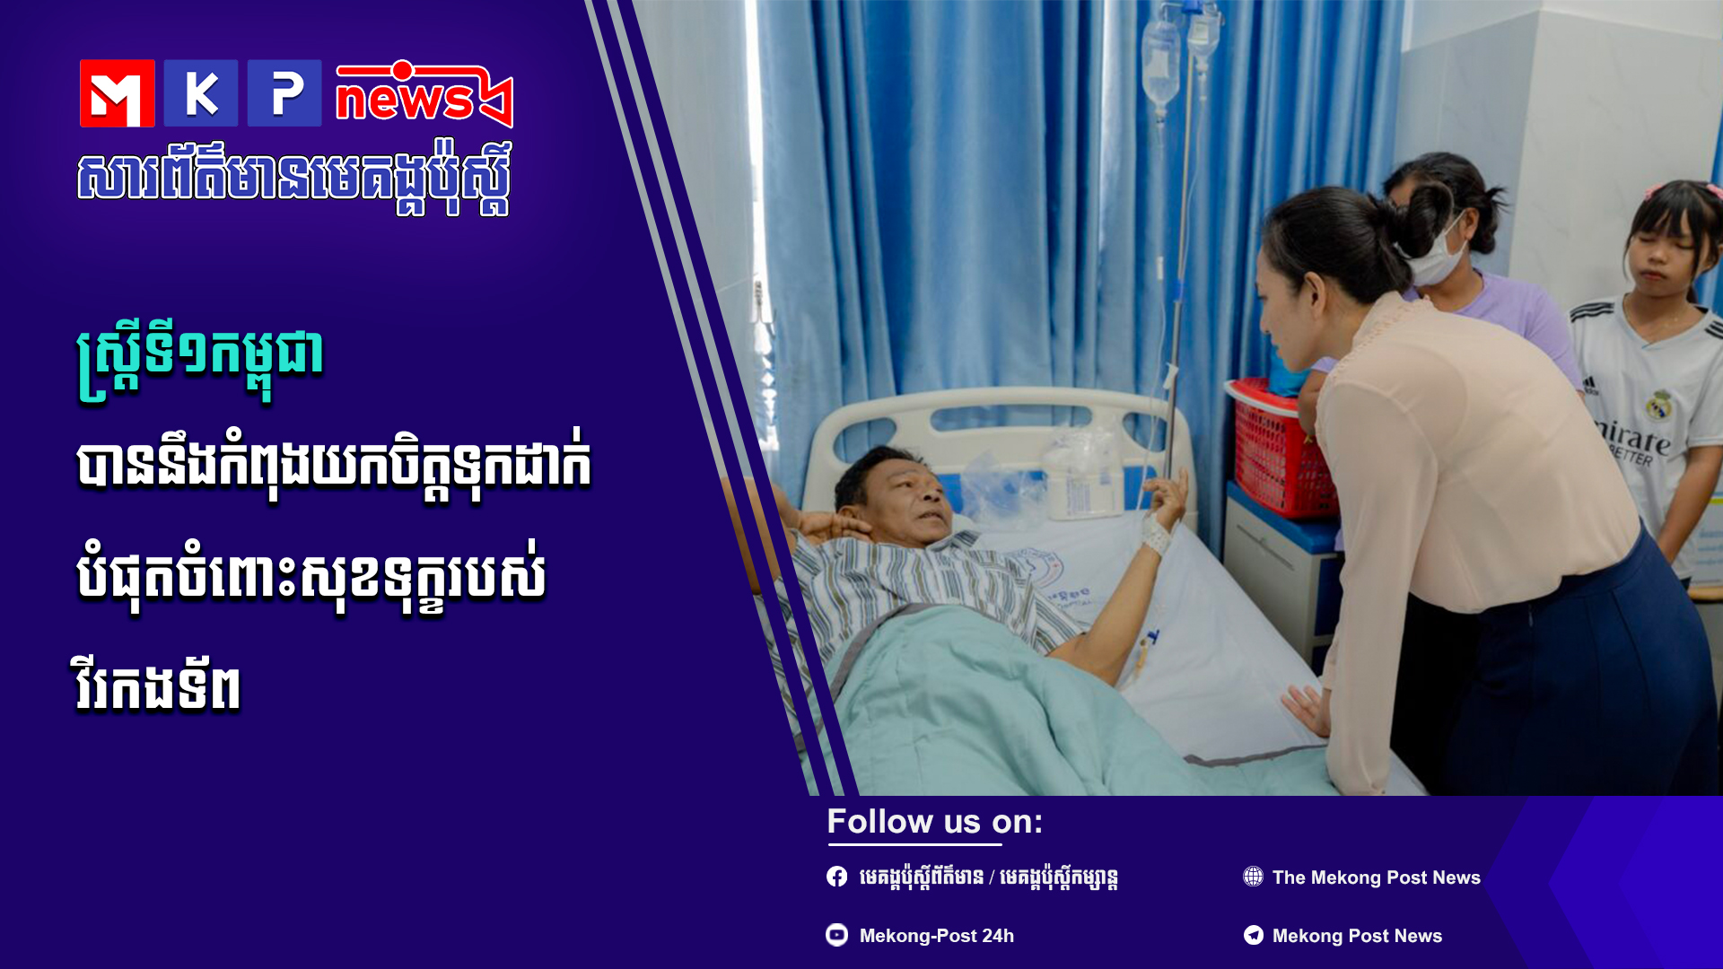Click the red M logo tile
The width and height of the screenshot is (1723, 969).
point(117,93)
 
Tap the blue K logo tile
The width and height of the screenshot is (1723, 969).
point(200,93)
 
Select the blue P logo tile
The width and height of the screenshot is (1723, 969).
point(284,93)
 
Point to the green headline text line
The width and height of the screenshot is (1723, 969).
point(199,357)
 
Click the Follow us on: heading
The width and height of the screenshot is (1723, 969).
point(934,822)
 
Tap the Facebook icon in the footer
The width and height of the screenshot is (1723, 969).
point(836,877)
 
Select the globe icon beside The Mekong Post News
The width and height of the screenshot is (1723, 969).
point(1253,877)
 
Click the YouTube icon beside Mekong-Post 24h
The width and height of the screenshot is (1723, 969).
point(836,935)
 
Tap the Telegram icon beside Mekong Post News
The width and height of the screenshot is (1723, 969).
point(1253,935)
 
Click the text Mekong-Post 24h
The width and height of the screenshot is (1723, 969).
point(937,936)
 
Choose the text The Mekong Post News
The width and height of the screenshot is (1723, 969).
point(1377,877)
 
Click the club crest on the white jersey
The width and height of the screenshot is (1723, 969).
point(1660,405)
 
